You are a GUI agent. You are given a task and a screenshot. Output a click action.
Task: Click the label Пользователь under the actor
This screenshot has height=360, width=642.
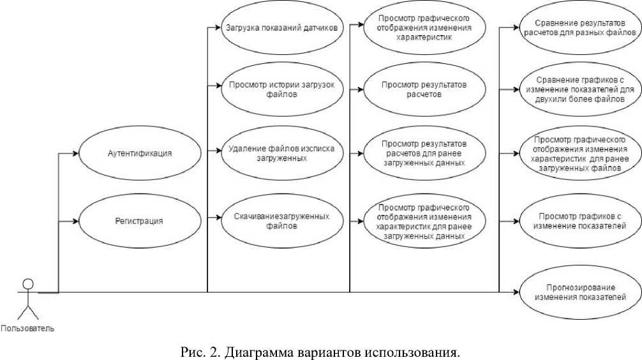[27, 329]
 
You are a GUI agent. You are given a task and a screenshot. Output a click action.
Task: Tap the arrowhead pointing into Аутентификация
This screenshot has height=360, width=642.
[75, 154]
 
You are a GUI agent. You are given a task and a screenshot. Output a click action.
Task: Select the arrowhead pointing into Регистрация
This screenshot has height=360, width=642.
[75, 221]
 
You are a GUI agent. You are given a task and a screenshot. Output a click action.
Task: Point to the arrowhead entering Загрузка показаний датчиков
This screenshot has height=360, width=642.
[218, 28]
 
